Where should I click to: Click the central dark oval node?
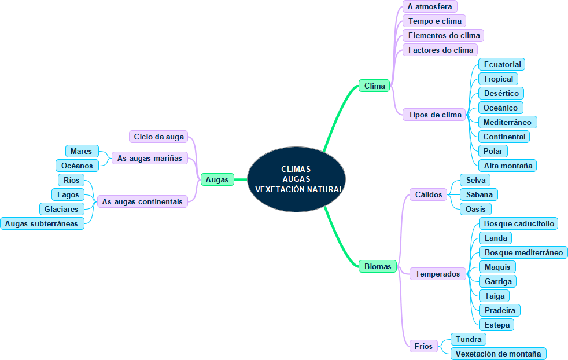[x=296, y=179]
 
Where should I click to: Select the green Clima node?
[x=374, y=86]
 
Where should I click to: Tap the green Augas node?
[x=217, y=179]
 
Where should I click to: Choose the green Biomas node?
[x=378, y=266]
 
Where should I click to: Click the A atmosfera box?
[x=430, y=6]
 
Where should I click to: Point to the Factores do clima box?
[x=440, y=50]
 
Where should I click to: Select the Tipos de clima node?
[x=434, y=115]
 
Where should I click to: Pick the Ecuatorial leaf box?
[x=502, y=64]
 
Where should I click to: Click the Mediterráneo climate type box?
[x=507, y=122]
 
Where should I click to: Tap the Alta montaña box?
[x=508, y=166]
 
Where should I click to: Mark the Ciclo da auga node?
[x=158, y=137]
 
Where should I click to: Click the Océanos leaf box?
[x=76, y=166]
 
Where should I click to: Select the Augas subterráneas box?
[x=42, y=223]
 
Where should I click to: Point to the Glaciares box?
[x=61, y=209]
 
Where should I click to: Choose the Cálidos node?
[x=429, y=194]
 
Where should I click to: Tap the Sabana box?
[x=479, y=194]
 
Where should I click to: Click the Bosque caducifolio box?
[x=519, y=223]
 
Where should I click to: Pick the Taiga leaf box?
[x=495, y=296]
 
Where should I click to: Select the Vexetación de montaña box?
[x=498, y=354]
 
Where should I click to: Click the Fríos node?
[x=423, y=346]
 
